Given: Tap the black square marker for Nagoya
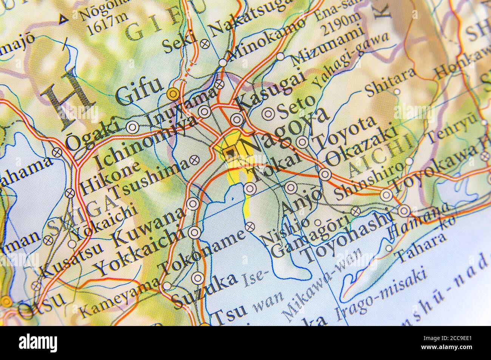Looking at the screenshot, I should (x=229, y=152).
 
